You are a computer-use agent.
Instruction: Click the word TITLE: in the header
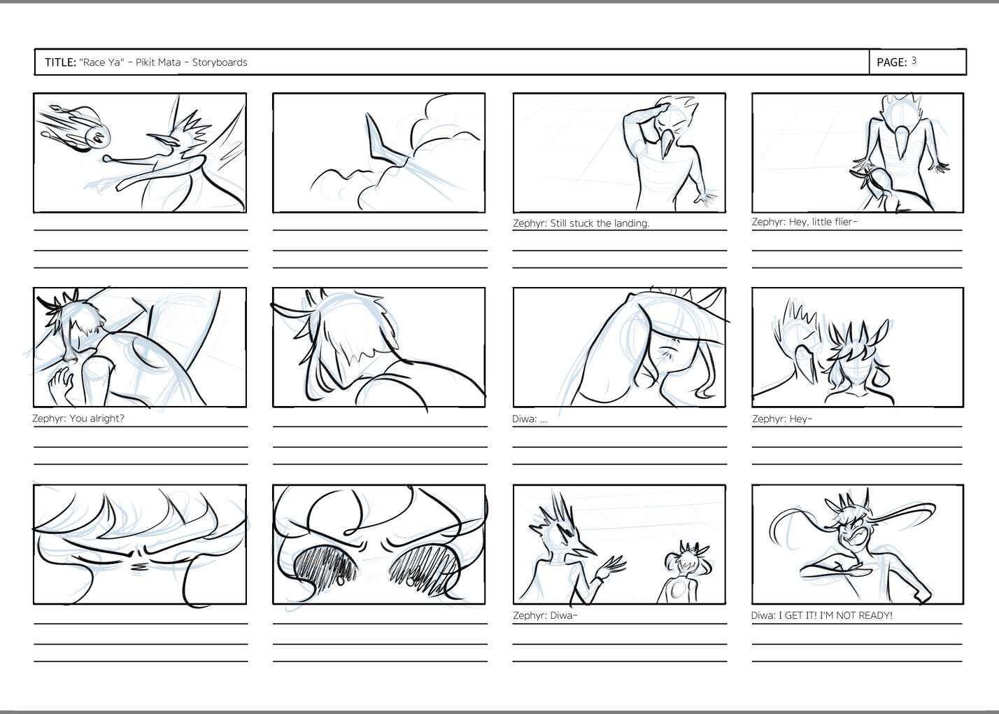61,62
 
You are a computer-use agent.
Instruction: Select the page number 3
914,61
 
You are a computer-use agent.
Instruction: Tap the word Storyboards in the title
220,62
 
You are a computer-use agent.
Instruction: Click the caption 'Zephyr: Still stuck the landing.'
581,223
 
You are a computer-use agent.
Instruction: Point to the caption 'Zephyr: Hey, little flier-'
805,222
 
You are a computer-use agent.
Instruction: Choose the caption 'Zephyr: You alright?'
78,419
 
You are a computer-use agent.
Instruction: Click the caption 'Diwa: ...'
530,419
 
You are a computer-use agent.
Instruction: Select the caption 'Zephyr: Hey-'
782,419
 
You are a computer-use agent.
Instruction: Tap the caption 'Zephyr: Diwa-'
545,615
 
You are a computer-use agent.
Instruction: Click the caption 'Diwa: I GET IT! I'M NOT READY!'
821,615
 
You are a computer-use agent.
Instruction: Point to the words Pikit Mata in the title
158,62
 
